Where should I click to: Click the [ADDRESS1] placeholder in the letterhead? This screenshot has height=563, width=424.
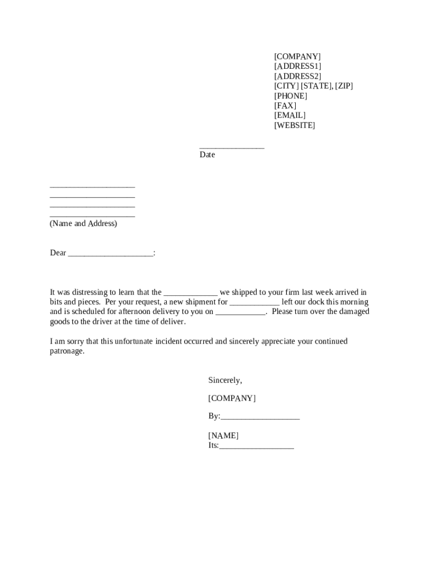coord(297,67)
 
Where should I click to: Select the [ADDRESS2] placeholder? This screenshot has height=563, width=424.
coord(297,76)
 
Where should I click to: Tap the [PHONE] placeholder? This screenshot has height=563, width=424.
coord(291,96)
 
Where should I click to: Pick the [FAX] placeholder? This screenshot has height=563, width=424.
coord(285,106)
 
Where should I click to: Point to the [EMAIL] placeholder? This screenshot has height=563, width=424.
coord(290,115)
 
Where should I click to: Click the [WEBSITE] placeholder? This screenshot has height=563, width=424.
coord(295,125)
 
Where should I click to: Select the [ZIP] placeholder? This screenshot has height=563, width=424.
coord(344,86)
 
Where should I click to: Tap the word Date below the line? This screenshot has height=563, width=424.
coord(207,155)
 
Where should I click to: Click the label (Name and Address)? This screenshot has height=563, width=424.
coord(83,224)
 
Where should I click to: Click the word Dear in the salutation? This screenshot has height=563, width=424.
coord(58,253)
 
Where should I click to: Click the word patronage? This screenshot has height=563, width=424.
coord(67,351)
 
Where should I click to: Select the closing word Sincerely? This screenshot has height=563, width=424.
coord(225,380)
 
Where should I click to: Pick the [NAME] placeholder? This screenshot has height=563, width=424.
coord(223,436)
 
